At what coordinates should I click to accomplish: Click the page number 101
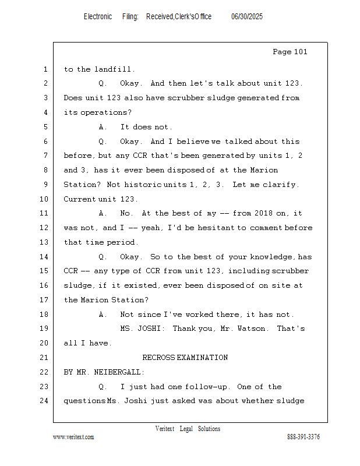pyautogui.click(x=300, y=52)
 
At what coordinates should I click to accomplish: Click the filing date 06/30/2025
pyautogui.click(x=247, y=17)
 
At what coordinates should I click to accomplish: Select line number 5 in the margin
pyautogui.click(x=45, y=127)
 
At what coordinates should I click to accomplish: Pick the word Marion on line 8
pyautogui.click(x=264, y=170)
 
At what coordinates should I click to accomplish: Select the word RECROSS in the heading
pyautogui.click(x=158, y=358)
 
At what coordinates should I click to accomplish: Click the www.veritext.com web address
pyautogui.click(x=73, y=437)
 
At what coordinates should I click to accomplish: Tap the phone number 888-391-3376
pyautogui.click(x=303, y=437)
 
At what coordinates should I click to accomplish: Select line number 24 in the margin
pyautogui.click(x=44, y=401)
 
